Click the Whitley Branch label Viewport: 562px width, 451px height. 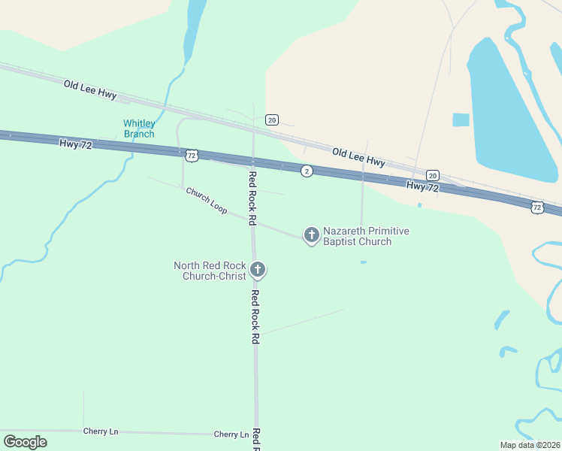tap(139, 129)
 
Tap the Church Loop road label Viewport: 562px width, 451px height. tap(207, 201)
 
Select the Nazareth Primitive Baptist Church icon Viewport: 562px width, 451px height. tap(311, 235)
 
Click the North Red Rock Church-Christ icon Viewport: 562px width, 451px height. tap(258, 269)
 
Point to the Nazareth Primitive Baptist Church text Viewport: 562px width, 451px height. tap(367, 236)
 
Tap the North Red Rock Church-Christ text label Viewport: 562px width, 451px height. tap(210, 271)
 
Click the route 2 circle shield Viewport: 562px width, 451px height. tap(307, 171)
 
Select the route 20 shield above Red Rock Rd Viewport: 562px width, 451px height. tap(272, 120)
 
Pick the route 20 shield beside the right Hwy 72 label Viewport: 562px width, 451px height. tap(433, 174)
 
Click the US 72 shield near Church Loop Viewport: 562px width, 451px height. tap(192, 156)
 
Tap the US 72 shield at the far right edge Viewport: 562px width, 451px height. tap(536, 206)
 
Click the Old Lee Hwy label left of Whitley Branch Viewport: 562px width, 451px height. tap(90, 89)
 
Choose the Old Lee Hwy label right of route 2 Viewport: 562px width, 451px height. tap(358, 157)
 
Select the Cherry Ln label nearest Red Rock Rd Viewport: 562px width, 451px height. tap(231, 434)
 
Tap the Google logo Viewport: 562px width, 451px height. tap(25, 442)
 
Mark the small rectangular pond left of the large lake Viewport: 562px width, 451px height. tap(461, 120)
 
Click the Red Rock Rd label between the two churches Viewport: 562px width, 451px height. tap(253, 198)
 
